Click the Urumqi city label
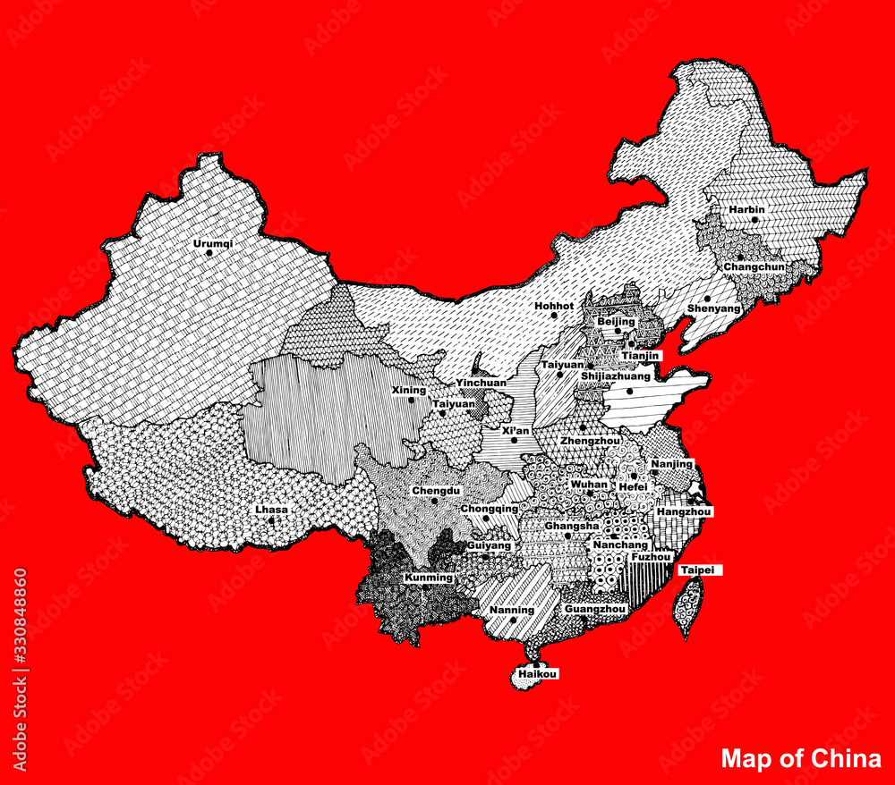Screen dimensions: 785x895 click(x=212, y=243)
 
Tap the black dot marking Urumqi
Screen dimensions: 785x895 click(x=209, y=253)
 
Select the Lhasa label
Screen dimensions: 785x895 click(x=271, y=510)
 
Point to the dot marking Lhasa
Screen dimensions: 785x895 click(x=271, y=519)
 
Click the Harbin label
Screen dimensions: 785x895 click(x=746, y=210)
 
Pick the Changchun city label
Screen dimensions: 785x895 click(x=754, y=266)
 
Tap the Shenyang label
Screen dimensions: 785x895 click(x=714, y=308)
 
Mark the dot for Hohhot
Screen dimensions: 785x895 click(x=554, y=316)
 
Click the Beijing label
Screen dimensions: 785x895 click(x=616, y=321)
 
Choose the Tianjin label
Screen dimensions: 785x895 click(x=641, y=355)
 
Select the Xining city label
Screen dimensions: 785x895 click(x=409, y=390)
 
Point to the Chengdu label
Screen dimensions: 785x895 click(x=436, y=491)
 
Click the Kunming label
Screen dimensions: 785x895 click(x=429, y=578)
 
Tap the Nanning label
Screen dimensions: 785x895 click(x=512, y=611)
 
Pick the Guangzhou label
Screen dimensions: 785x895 click(x=595, y=609)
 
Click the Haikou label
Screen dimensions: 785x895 click(x=538, y=675)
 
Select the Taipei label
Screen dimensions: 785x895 click(x=698, y=570)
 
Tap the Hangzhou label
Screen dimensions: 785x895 click(x=684, y=511)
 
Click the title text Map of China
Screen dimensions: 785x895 click(x=801, y=759)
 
